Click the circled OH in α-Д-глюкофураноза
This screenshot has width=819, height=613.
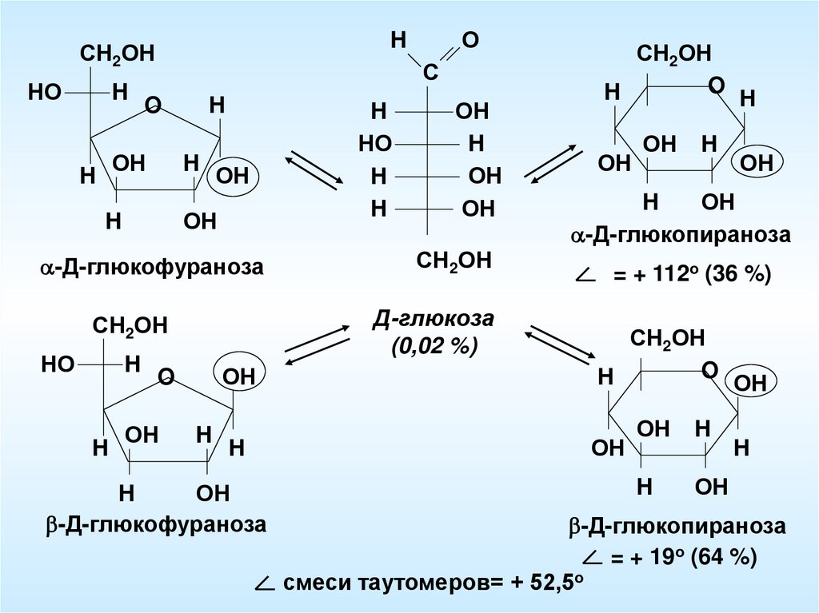coord(234,176)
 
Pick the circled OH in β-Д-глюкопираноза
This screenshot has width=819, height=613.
coord(750,383)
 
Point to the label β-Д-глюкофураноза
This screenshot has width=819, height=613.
coord(155,525)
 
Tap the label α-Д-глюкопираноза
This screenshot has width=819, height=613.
coord(680,236)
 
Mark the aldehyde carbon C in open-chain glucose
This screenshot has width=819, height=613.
coord(429,73)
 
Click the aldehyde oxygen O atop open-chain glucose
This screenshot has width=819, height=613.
coord(471,40)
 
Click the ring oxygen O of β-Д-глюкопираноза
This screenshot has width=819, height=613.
coord(709,370)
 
